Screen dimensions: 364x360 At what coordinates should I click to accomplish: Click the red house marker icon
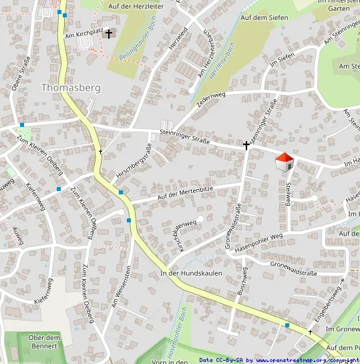point(285,162)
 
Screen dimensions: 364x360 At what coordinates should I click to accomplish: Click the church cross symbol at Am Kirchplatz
point(109,33)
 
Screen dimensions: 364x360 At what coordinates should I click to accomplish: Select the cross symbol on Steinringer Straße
point(246,144)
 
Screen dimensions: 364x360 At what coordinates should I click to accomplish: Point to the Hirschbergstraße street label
point(134,164)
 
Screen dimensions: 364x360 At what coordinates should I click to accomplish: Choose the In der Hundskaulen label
point(191,273)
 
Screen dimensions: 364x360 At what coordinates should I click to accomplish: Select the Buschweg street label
point(242,282)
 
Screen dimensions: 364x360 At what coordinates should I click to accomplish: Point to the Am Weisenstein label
point(120,285)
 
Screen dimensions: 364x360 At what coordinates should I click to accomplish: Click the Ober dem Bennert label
point(45,341)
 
